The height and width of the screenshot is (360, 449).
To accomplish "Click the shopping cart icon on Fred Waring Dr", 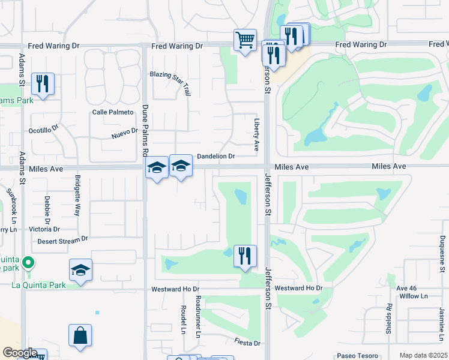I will pyautogui.click(x=245, y=40).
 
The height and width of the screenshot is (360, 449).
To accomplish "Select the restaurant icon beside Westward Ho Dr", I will pyautogui.click(x=244, y=256).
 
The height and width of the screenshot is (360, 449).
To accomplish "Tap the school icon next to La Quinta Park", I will pyautogui.click(x=80, y=270).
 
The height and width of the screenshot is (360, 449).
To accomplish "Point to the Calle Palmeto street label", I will pyautogui.click(x=112, y=112).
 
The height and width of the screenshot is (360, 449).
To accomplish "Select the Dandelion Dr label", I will pyautogui.click(x=215, y=156).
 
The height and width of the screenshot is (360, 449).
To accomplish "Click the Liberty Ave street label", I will pyautogui.click(x=256, y=134).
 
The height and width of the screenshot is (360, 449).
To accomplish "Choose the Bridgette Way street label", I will pyautogui.click(x=77, y=195).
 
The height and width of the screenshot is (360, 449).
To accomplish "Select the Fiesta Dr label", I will pyautogui.click(x=248, y=343).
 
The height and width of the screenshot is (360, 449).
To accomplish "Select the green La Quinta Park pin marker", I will pyautogui.click(x=27, y=263).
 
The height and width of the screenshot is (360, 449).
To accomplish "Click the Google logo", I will pyautogui.click(x=20, y=353).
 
